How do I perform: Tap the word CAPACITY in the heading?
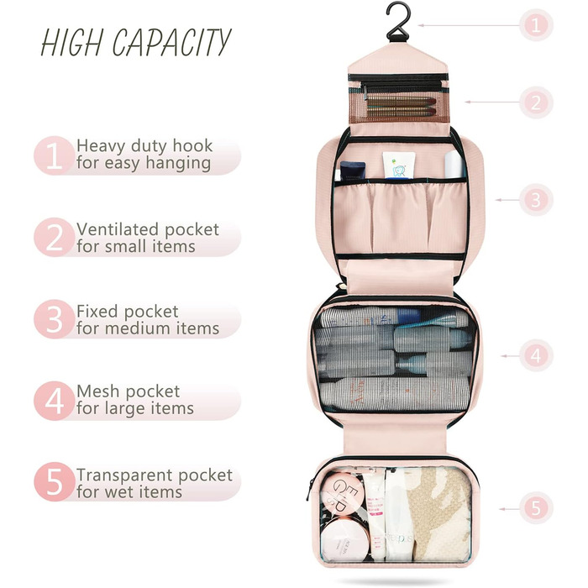tap(171, 42)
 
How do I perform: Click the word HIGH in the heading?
tap(71, 42)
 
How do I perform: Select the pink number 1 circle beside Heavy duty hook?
tap(54, 155)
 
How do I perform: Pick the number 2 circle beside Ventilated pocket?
tap(54, 238)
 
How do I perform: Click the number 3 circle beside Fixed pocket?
tap(54, 319)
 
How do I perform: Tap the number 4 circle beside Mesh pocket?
tap(54, 401)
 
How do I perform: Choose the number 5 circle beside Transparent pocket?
tap(54, 482)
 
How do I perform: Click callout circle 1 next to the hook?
tap(536, 25)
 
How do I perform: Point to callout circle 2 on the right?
tap(536, 102)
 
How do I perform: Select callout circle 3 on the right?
tap(536, 200)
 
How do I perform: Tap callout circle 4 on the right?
tap(536, 355)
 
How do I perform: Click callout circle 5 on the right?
tap(536, 508)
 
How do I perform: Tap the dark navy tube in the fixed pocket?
tap(352, 171)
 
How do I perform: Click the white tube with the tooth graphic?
tap(398, 165)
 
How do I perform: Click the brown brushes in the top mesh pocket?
tap(401, 107)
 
